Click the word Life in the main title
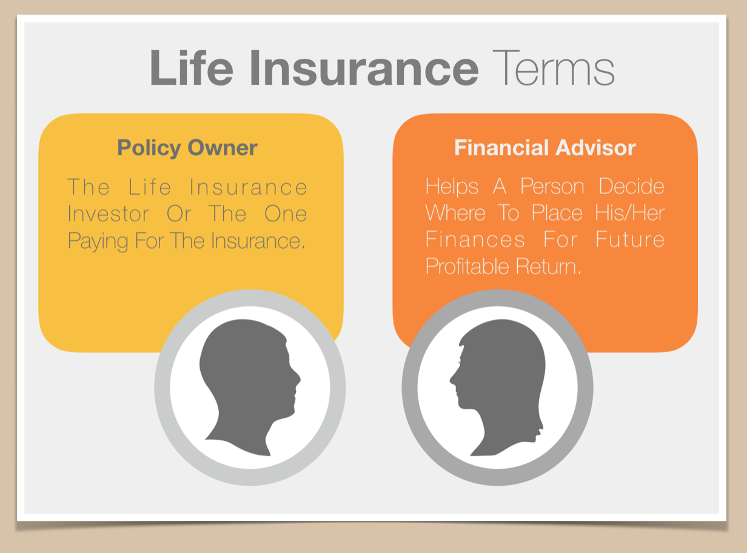pyautogui.click(x=191, y=68)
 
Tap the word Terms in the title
pyautogui.click(x=554, y=68)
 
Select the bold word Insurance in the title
pyautogui.click(x=364, y=68)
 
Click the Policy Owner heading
pyautogui.click(x=187, y=148)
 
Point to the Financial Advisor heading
pyautogui.click(x=545, y=147)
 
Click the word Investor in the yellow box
pyautogui.click(x=108, y=213)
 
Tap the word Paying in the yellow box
pyautogui.click(x=98, y=242)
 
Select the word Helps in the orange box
pyautogui.click(x=452, y=187)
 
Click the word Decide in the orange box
pyautogui.click(x=631, y=186)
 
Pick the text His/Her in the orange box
pyautogui.click(x=630, y=213)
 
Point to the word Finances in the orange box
pyautogui.click(x=475, y=240)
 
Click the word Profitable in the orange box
pyautogui.click(x=467, y=266)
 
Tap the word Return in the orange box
pyautogui.click(x=548, y=266)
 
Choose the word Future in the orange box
pyautogui.click(x=630, y=240)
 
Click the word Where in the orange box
pyautogui.click(x=455, y=213)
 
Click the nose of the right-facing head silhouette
pyautogui.click(x=299, y=378)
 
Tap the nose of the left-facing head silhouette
pyautogui.click(x=452, y=380)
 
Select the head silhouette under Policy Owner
pyautogui.click(x=250, y=387)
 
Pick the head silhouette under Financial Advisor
pyautogui.click(x=497, y=387)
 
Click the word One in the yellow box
pyautogui.click(x=286, y=213)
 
